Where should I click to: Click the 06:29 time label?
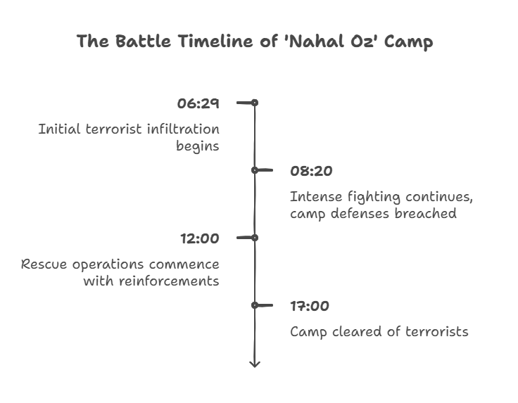pos(198,103)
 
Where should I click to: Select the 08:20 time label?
pos(311,171)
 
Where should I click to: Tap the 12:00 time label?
pos(199,238)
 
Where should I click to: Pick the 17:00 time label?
pos(310,306)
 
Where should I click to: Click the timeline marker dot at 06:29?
pos(255,103)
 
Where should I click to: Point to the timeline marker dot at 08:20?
pos(255,170)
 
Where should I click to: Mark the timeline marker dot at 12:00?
pos(255,238)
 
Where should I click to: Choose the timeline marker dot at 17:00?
pos(255,305)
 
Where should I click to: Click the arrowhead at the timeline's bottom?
pos(255,363)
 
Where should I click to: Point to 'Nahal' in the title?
pos(313,41)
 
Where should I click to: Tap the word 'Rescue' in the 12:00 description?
pos(44,264)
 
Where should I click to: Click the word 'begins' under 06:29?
pos(197,146)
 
